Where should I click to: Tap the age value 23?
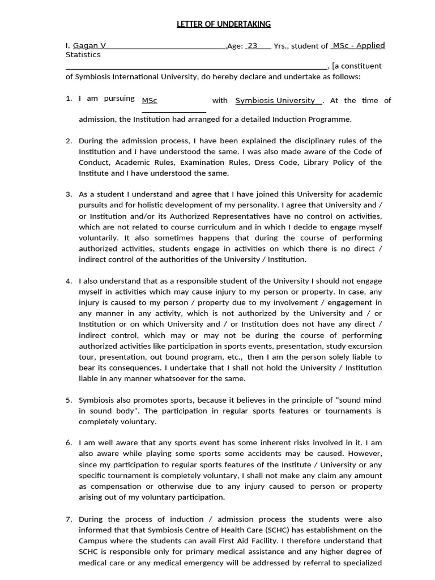[x=253, y=46]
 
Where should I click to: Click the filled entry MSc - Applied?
[x=359, y=46]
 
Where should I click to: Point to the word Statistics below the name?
[x=83, y=55]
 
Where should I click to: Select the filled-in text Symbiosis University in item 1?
[x=275, y=100]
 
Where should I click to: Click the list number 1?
[x=69, y=99]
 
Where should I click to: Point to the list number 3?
[x=69, y=194]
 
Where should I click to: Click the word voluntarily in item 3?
[x=100, y=238]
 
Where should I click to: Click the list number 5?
[x=69, y=400]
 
